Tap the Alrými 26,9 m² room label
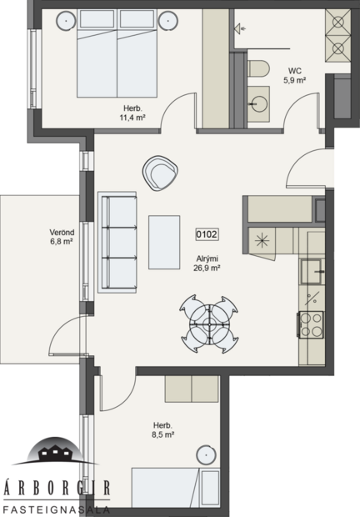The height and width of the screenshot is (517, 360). [207, 264]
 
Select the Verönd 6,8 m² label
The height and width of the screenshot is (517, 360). [38, 238]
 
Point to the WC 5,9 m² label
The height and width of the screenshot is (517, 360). [297, 76]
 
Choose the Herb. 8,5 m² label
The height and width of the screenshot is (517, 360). [162, 429]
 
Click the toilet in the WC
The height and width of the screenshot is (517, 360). [257, 67]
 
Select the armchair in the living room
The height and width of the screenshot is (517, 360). [159, 173]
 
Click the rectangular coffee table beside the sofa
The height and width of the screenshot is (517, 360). [164, 242]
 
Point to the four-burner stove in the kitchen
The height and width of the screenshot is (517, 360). [312, 324]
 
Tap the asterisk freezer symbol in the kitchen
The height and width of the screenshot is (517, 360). [262, 241]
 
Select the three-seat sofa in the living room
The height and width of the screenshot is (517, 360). [117, 242]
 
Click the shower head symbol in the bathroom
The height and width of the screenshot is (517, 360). [241, 28]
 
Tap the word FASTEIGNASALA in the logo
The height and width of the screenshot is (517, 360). [53, 508]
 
